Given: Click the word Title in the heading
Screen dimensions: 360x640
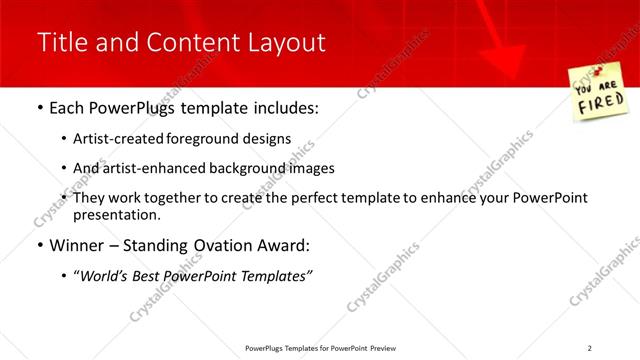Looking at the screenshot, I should (x=60, y=42).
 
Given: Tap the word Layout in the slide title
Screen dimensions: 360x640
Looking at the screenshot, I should (x=287, y=42).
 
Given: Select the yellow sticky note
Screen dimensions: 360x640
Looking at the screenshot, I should (x=598, y=92).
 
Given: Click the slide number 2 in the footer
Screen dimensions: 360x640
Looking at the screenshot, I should (x=589, y=348).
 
